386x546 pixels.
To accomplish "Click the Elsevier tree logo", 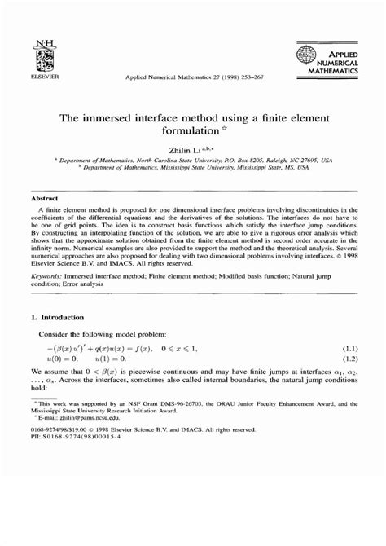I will tap(38, 54).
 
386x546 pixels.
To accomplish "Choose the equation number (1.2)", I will tap(349, 359).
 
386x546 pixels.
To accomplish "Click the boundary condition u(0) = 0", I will tap(64, 359).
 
